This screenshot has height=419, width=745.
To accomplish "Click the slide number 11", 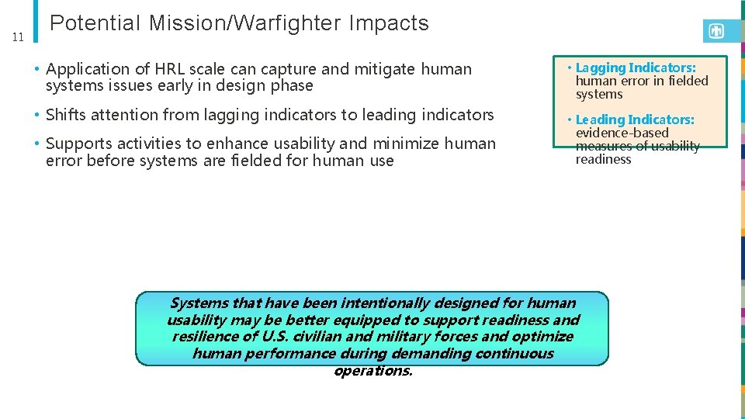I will tap(19, 36).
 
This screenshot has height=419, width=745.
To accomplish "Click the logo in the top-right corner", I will tap(716, 31).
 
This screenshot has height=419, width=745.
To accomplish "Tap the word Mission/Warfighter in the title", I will tap(245, 24).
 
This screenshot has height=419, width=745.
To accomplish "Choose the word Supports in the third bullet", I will tap(77, 144).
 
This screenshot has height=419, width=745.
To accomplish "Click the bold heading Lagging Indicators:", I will tap(636, 68).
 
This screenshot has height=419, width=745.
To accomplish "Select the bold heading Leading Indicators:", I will tap(635, 119).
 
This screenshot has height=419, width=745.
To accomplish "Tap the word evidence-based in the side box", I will tap(622, 133).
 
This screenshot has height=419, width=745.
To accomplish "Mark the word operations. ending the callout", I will tap(373, 371).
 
